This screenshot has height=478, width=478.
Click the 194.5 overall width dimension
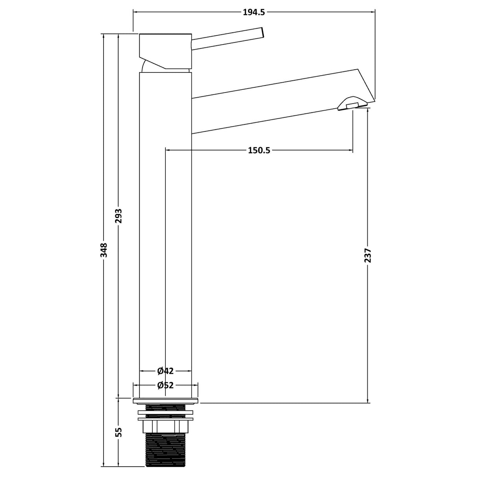[x=254, y=12]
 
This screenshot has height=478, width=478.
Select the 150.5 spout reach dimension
[x=259, y=150]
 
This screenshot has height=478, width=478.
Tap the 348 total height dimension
[x=104, y=250]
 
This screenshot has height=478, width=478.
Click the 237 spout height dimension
[x=368, y=255]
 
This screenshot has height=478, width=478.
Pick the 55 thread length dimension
[x=119, y=432]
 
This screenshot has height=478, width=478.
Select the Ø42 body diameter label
[x=165, y=371]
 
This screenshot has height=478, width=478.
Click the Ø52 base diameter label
[x=165, y=385]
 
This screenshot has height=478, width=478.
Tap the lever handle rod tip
[x=261, y=33]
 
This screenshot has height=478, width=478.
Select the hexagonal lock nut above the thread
[x=165, y=426]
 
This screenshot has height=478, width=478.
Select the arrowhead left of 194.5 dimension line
[x=136, y=12]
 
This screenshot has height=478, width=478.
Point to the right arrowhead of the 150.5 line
[x=350, y=150]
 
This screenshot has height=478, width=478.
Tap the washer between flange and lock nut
[x=165, y=413]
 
